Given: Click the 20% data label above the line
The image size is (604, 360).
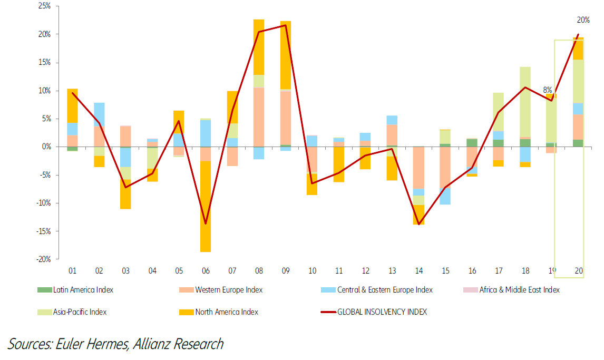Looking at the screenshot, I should click(x=583, y=20).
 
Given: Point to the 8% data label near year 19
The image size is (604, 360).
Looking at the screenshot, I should click(x=547, y=90).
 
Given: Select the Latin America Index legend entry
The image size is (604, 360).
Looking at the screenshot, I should click(x=83, y=289).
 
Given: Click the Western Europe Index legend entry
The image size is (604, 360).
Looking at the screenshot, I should click(x=229, y=289).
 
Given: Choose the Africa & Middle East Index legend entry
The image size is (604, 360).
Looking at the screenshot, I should click(x=519, y=289).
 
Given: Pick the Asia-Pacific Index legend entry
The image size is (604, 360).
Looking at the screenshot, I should click(x=80, y=312).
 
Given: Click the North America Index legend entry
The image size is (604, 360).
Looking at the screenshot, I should click(x=227, y=312).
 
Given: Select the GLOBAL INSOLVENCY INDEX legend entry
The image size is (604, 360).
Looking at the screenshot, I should click(x=382, y=312).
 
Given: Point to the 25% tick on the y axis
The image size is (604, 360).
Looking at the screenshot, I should click(x=44, y=6).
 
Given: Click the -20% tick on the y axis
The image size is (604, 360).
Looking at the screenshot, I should click(x=43, y=259).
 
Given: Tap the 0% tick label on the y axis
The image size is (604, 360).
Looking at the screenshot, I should click(x=46, y=147).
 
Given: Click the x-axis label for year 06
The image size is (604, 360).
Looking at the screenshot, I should click(x=206, y=271).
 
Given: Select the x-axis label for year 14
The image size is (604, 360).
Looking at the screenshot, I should click(x=419, y=271).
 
